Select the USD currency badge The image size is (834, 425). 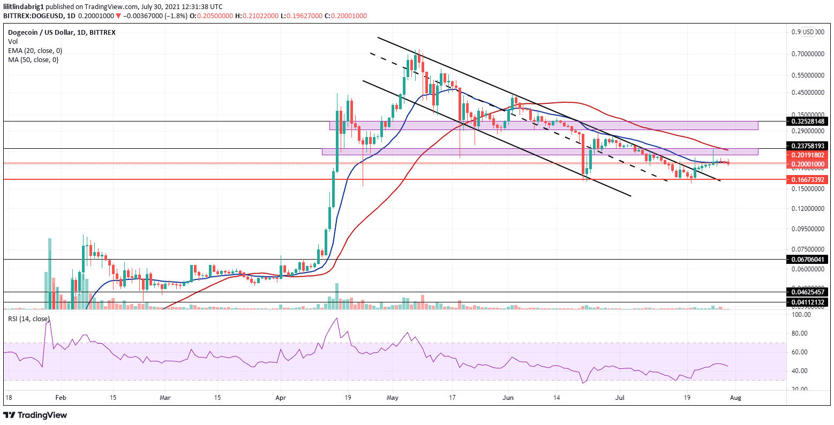(x=808, y=32)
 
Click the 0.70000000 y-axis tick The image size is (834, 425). (x=808, y=54)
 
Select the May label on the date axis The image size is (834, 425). (x=393, y=398)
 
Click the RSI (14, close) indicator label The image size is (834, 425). (x=29, y=319)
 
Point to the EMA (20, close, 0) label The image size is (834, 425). (x=35, y=50)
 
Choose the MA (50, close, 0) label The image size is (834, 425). (x=33, y=59)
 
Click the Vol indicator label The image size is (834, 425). (x=13, y=41)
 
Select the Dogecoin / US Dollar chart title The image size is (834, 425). (x=62, y=32)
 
